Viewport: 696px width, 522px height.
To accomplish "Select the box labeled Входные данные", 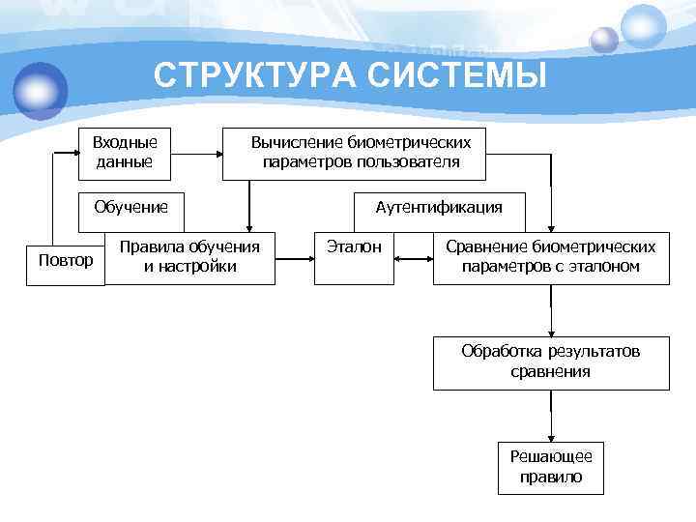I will [x=125, y=153].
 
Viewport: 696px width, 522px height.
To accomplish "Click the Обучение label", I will [x=130, y=207].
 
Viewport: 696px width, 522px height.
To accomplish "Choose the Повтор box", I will [x=65, y=260].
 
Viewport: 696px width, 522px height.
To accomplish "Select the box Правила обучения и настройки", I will [x=189, y=257].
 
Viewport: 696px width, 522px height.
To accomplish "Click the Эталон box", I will [x=354, y=257].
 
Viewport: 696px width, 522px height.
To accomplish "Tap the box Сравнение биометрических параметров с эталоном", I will [x=550, y=257].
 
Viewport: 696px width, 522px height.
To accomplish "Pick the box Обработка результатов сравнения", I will [x=550, y=362].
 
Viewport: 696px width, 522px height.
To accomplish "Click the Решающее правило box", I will [x=551, y=468].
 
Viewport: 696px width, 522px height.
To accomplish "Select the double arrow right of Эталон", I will [x=414, y=258].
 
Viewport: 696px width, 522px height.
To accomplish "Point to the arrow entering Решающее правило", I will [x=551, y=425].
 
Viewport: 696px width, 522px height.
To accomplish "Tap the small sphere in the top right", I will [x=604, y=40].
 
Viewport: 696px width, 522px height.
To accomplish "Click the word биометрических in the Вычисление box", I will [x=402, y=143].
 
